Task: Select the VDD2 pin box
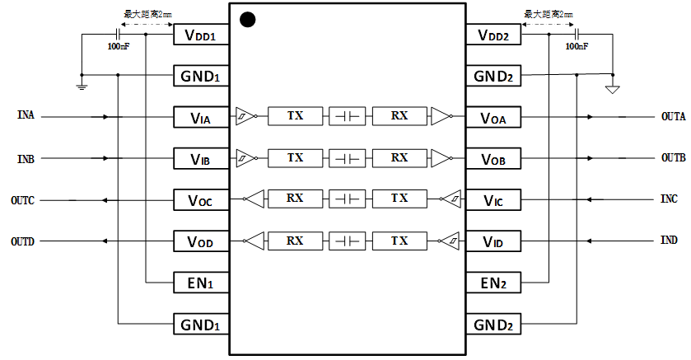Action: [x=493, y=35]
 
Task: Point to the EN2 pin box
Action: [x=493, y=283]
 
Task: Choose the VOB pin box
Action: [x=493, y=158]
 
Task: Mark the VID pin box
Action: [x=493, y=241]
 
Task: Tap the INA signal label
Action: [x=26, y=115]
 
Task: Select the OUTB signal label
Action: [x=673, y=157]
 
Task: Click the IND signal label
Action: [x=669, y=241]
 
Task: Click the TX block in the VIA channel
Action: [x=295, y=116]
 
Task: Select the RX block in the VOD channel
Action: [x=295, y=241]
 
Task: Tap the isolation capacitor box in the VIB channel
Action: [x=347, y=157]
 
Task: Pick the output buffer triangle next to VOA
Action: [x=441, y=116]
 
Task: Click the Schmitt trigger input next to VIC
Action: [x=451, y=199]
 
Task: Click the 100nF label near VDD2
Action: [x=577, y=47]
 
